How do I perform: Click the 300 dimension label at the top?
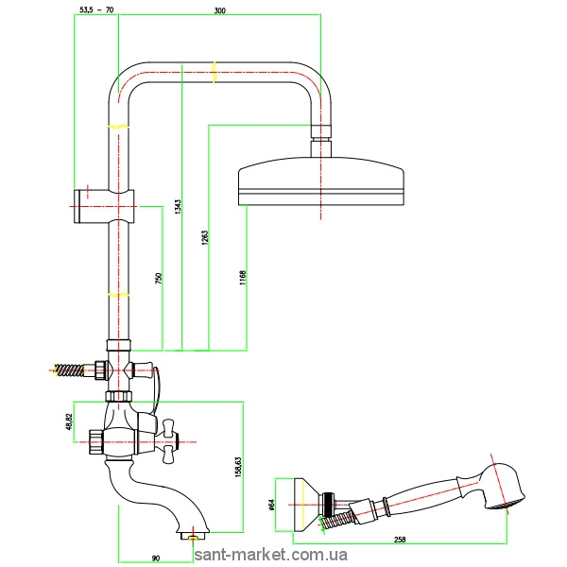pyautogui.click(x=220, y=10)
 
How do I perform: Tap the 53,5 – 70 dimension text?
pyautogui.click(x=95, y=10)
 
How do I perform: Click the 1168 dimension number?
pyautogui.click(x=242, y=278)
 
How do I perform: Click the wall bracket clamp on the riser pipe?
pyautogui.click(x=103, y=203)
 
